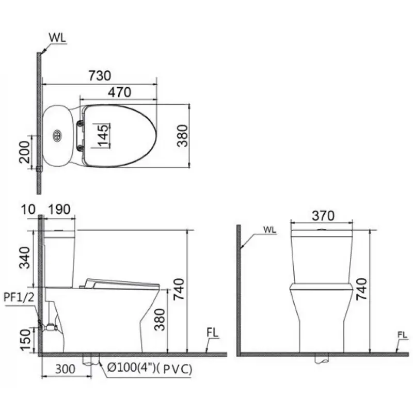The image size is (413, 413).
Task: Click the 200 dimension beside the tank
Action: tap(25, 151)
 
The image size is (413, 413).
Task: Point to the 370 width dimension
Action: tap(323, 215)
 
